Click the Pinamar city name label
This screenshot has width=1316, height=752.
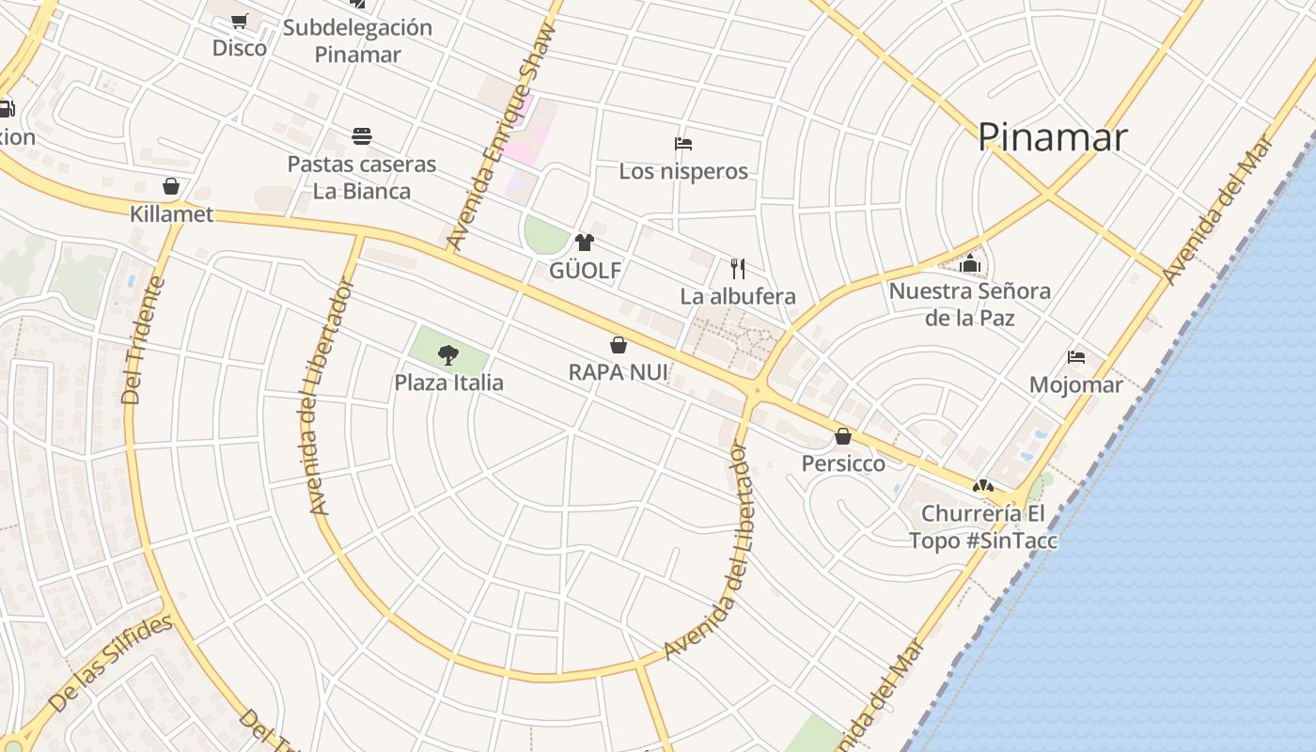1052,137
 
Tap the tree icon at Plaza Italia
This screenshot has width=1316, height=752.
448,354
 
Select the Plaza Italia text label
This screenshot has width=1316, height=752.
448,383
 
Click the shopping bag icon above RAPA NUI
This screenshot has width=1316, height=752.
619,345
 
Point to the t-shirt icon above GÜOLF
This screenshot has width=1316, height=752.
585,243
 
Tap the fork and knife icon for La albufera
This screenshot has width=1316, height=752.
738,269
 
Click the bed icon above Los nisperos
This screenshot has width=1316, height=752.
683,144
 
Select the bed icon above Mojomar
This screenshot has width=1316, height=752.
1076,357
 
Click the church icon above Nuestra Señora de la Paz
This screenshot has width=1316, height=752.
970,263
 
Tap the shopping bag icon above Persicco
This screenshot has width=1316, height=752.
843,436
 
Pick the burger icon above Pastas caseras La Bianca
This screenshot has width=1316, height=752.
362,136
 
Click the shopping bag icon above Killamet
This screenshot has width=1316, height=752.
171,186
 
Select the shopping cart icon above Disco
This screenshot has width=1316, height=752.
240,21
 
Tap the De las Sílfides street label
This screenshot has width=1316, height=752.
110,663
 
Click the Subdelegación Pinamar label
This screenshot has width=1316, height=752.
357,40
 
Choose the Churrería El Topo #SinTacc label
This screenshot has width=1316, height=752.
982,527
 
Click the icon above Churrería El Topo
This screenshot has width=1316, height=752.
982,487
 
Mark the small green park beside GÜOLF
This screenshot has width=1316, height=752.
545,235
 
